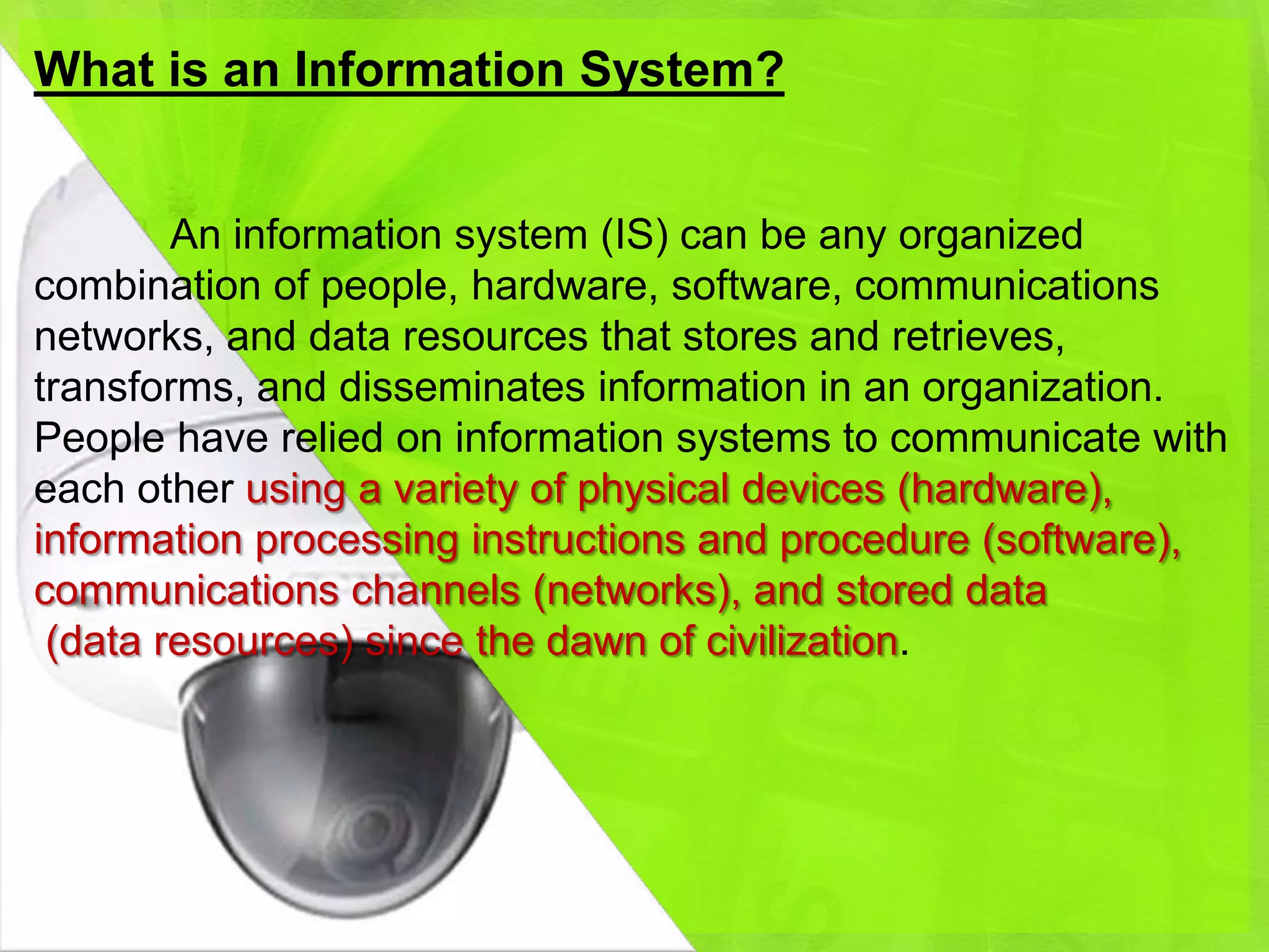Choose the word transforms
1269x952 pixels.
point(139,388)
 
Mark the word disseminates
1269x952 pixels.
point(462,388)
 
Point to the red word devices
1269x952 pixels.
point(812,490)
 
